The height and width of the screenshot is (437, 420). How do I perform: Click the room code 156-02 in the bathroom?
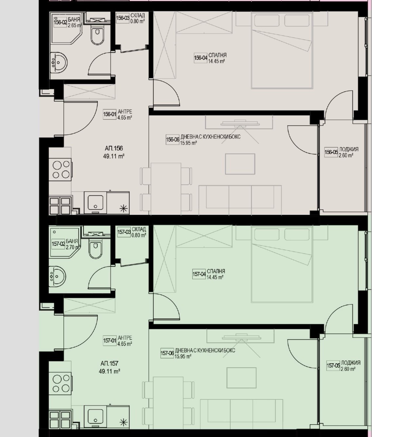(60, 22)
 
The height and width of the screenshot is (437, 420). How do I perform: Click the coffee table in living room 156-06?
(240, 164)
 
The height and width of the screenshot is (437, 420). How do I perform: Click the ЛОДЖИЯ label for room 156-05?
(349, 149)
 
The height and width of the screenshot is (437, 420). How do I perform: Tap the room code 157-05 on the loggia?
(333, 366)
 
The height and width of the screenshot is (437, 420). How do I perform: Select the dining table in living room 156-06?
(166, 187)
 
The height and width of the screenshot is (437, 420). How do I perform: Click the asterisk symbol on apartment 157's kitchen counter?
(124, 422)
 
